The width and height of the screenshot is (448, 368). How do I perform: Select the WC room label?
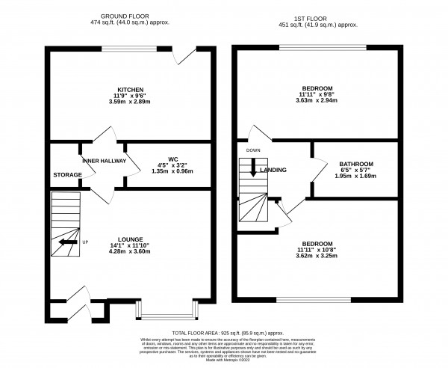coord(172,159)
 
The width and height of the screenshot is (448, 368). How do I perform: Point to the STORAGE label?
coord(66,175)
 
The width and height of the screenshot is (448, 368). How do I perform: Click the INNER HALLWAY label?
coord(104,161)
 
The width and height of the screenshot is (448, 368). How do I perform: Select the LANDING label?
coord(274,170)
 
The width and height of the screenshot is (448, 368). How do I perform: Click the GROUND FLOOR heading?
coord(122,14)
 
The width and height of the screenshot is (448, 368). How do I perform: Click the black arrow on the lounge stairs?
coord(67,242)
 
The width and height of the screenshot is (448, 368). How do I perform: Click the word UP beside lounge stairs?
coord(84,242)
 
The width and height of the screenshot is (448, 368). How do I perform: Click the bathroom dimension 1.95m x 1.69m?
coord(355,177)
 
